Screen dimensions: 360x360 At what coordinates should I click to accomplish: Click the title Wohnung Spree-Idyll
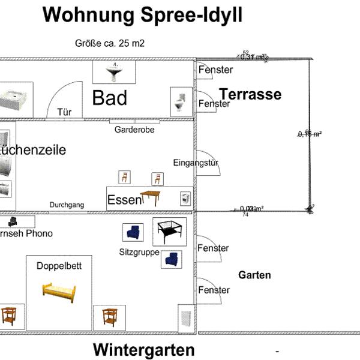tap(143, 15)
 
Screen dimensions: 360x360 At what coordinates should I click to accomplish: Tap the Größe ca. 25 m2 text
tap(110, 43)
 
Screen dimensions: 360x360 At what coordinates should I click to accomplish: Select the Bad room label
tap(109, 98)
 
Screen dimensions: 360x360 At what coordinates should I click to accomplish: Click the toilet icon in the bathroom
tap(180, 101)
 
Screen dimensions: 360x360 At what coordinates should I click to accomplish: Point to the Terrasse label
tap(250, 94)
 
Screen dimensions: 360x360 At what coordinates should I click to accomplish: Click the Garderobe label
tap(134, 130)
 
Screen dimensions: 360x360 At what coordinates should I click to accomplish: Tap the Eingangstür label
tap(195, 163)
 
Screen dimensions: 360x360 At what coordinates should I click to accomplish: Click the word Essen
tap(124, 200)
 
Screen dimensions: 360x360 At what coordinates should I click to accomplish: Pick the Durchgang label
tap(67, 205)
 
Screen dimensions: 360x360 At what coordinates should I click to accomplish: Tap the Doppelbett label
tap(59, 266)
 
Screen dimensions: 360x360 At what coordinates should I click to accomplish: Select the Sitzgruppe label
tap(139, 253)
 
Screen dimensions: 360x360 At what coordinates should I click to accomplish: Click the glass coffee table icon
tap(169, 231)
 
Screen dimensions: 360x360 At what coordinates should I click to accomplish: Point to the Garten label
tap(254, 275)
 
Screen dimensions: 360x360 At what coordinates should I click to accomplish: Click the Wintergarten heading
tap(144, 350)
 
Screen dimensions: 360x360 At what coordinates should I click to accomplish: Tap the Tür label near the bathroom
tap(64, 112)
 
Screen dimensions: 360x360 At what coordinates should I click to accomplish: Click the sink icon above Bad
tap(114, 73)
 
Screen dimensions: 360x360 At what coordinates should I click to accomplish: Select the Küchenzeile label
tap(33, 149)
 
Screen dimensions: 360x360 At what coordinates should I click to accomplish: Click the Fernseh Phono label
tap(26, 233)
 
